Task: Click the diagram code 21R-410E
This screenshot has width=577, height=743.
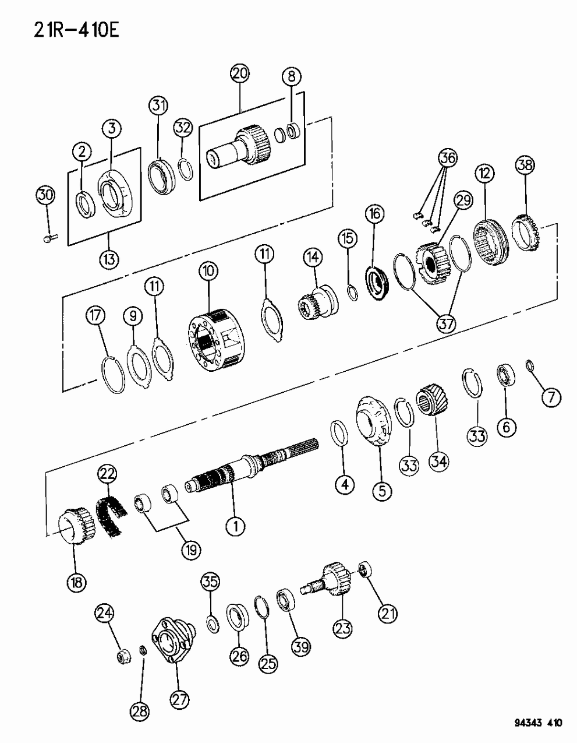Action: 65,29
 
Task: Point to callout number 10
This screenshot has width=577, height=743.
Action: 208,270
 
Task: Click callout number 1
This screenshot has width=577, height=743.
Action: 236,526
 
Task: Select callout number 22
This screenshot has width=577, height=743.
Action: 107,476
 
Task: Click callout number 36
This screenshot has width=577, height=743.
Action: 448,157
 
